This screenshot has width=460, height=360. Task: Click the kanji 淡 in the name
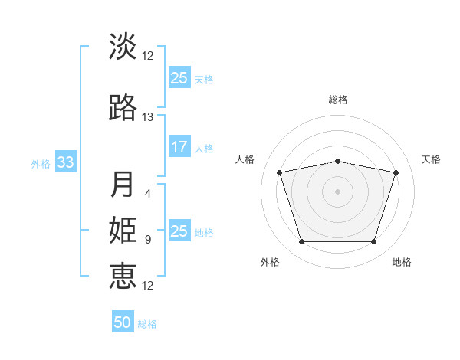123,46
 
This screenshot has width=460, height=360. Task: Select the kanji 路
123,107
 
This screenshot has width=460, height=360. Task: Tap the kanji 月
122,184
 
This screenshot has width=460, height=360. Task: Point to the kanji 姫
123,230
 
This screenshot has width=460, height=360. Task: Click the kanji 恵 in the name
123,276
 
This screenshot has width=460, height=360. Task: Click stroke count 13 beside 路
147,117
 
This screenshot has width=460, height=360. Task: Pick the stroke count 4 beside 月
148,194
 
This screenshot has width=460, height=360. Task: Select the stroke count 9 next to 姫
148,240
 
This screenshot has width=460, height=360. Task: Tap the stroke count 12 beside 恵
147,286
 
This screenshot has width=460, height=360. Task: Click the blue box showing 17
179,146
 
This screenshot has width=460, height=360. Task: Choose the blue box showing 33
66,162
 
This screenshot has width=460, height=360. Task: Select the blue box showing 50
123,321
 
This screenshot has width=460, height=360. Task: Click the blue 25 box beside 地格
179,230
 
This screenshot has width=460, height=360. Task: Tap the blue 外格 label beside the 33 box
41,164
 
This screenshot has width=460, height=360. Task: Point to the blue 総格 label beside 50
147,324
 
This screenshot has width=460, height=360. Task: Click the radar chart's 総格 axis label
338,100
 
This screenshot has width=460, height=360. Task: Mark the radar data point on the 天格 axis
396,172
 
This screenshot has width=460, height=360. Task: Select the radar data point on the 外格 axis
301,242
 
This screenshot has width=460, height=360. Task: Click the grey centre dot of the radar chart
337,191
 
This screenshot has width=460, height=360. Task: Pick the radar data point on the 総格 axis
337,162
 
